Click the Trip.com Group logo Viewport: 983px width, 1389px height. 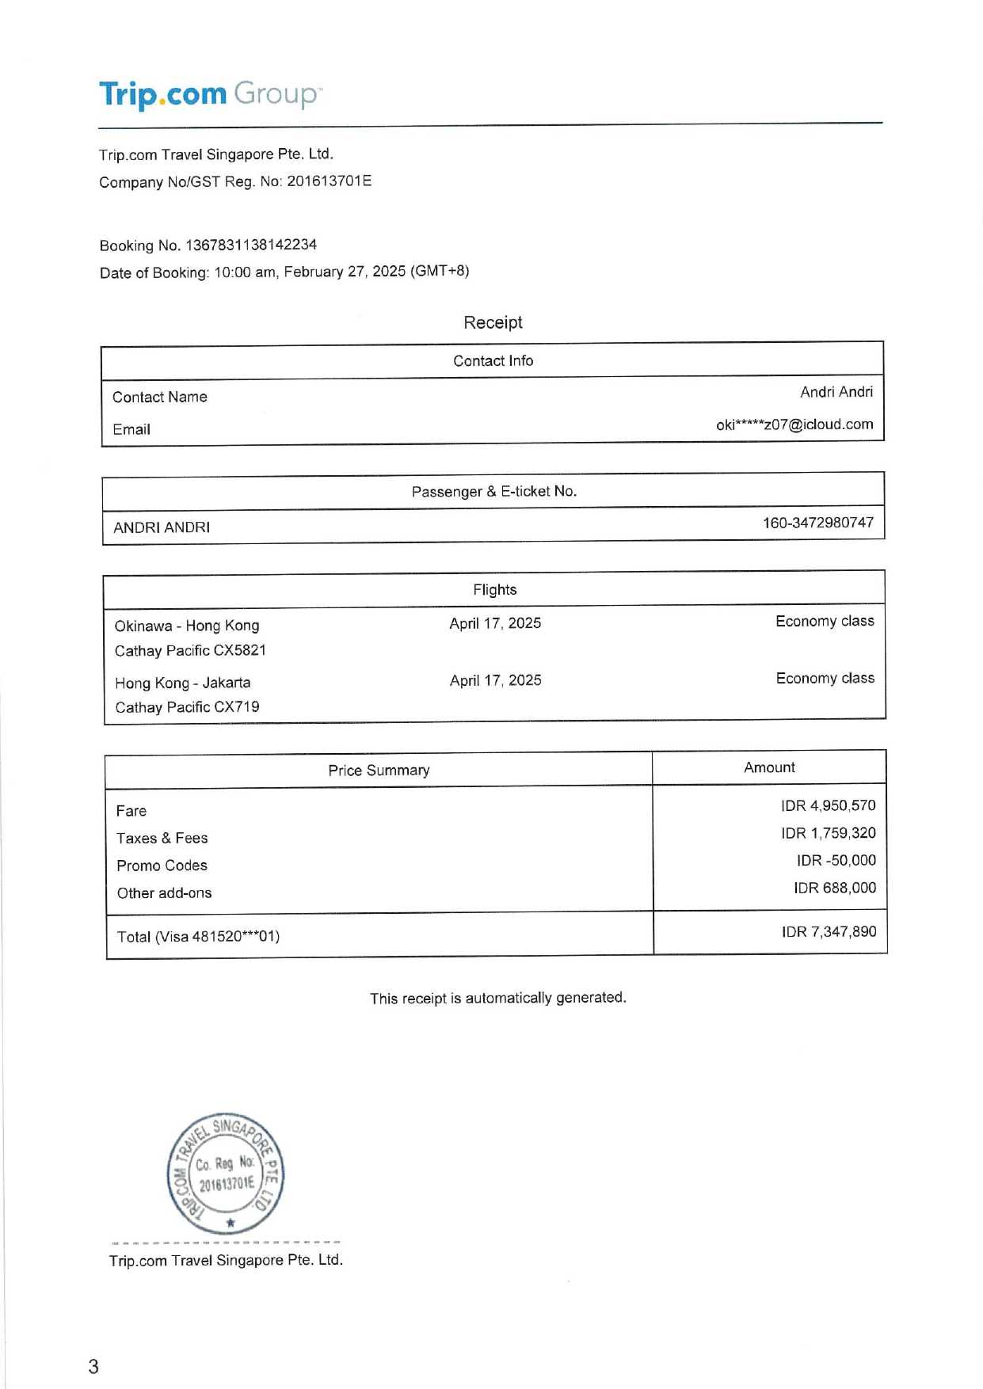pos(210,94)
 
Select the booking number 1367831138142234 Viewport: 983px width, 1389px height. pos(250,245)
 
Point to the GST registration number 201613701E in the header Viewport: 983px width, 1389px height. pos(329,181)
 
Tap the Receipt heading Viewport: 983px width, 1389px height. pos(493,322)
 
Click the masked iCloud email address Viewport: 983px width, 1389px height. pos(794,424)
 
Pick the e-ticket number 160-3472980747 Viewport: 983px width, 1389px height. pos(817,523)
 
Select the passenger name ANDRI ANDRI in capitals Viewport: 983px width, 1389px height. pos(162,527)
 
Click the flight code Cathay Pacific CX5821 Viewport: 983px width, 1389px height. pos(190,651)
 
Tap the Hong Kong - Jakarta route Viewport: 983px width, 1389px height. pos(182,683)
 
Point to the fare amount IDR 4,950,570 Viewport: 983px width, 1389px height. pos(828,806)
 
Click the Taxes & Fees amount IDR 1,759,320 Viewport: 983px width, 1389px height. pos(828,833)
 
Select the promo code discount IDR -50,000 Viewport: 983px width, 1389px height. pos(836,861)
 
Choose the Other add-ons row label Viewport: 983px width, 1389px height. pos(164,893)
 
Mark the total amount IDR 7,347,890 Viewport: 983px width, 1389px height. pos(829,932)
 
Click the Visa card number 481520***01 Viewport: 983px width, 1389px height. pos(235,937)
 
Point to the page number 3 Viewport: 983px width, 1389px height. pos(93,1366)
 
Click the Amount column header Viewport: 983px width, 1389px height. pos(769,767)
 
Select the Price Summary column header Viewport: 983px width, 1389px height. pos(379,771)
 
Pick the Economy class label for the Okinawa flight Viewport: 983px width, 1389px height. pos(825,622)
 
